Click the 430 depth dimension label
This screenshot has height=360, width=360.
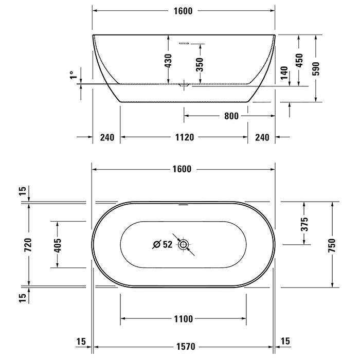tap(168, 61)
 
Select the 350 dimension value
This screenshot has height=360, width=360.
tap(200, 64)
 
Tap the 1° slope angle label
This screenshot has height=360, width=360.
tap(73, 75)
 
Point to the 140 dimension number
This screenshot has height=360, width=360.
tap(284, 73)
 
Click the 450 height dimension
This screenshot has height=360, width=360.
tap(299, 60)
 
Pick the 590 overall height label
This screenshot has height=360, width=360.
tap(316, 68)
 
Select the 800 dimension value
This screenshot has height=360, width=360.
tap(231, 116)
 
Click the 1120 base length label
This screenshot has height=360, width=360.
tap(185, 137)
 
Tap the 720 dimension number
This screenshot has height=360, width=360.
tap(28, 244)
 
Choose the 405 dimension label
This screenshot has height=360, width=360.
tap(58, 245)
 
